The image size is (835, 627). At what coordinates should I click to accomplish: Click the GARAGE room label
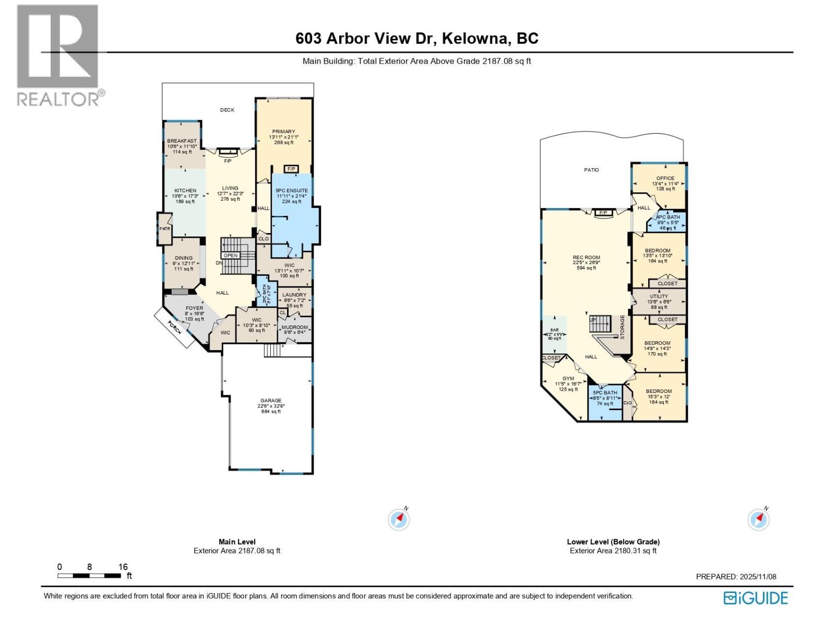[x=271, y=400]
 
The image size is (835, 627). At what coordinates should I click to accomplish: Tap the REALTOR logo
[x=58, y=55]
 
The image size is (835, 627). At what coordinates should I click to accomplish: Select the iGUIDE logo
[x=755, y=598]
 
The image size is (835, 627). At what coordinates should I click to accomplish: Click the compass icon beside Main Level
[x=399, y=519]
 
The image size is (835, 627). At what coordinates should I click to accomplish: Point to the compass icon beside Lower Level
[x=758, y=519]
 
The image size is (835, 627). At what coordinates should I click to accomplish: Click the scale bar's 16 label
[x=123, y=567]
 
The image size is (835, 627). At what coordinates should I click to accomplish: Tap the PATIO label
[x=591, y=170]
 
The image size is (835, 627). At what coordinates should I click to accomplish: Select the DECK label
[x=227, y=110]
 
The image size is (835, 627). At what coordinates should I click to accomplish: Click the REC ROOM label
[x=586, y=257]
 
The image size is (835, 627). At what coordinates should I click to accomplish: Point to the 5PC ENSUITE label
[x=292, y=190]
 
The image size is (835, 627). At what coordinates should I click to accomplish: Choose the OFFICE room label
[x=665, y=178]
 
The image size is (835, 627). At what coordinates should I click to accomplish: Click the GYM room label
[x=568, y=378]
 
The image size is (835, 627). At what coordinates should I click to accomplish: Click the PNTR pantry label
[x=165, y=228]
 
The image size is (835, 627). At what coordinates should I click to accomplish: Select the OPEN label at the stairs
[x=230, y=256]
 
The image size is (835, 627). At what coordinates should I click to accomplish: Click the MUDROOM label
[x=295, y=327]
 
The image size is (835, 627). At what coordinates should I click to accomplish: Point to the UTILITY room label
[x=659, y=296]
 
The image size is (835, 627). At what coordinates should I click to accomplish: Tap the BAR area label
[x=554, y=330]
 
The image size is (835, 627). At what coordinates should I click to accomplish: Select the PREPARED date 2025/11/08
[x=758, y=577]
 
